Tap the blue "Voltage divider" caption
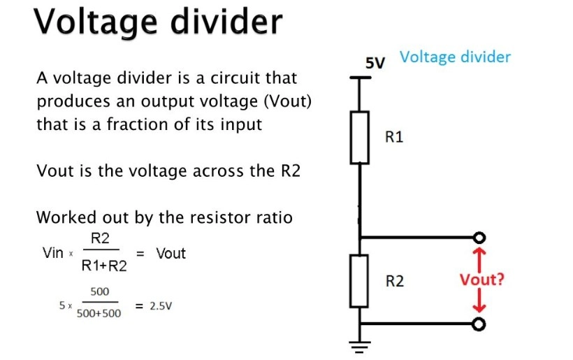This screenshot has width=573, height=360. (455, 57)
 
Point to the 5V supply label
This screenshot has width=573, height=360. (375, 63)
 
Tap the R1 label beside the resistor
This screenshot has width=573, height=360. (394, 136)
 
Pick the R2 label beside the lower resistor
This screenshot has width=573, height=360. (395, 282)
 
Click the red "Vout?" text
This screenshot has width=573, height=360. (482, 281)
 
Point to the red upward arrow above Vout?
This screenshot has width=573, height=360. (479, 257)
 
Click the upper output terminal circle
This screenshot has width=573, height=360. (479, 236)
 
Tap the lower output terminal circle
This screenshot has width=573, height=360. (479, 324)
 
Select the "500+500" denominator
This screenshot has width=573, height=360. (98, 314)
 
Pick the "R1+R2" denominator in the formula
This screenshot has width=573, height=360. (104, 266)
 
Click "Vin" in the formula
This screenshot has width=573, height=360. (53, 253)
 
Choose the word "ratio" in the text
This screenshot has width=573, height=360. (276, 217)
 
